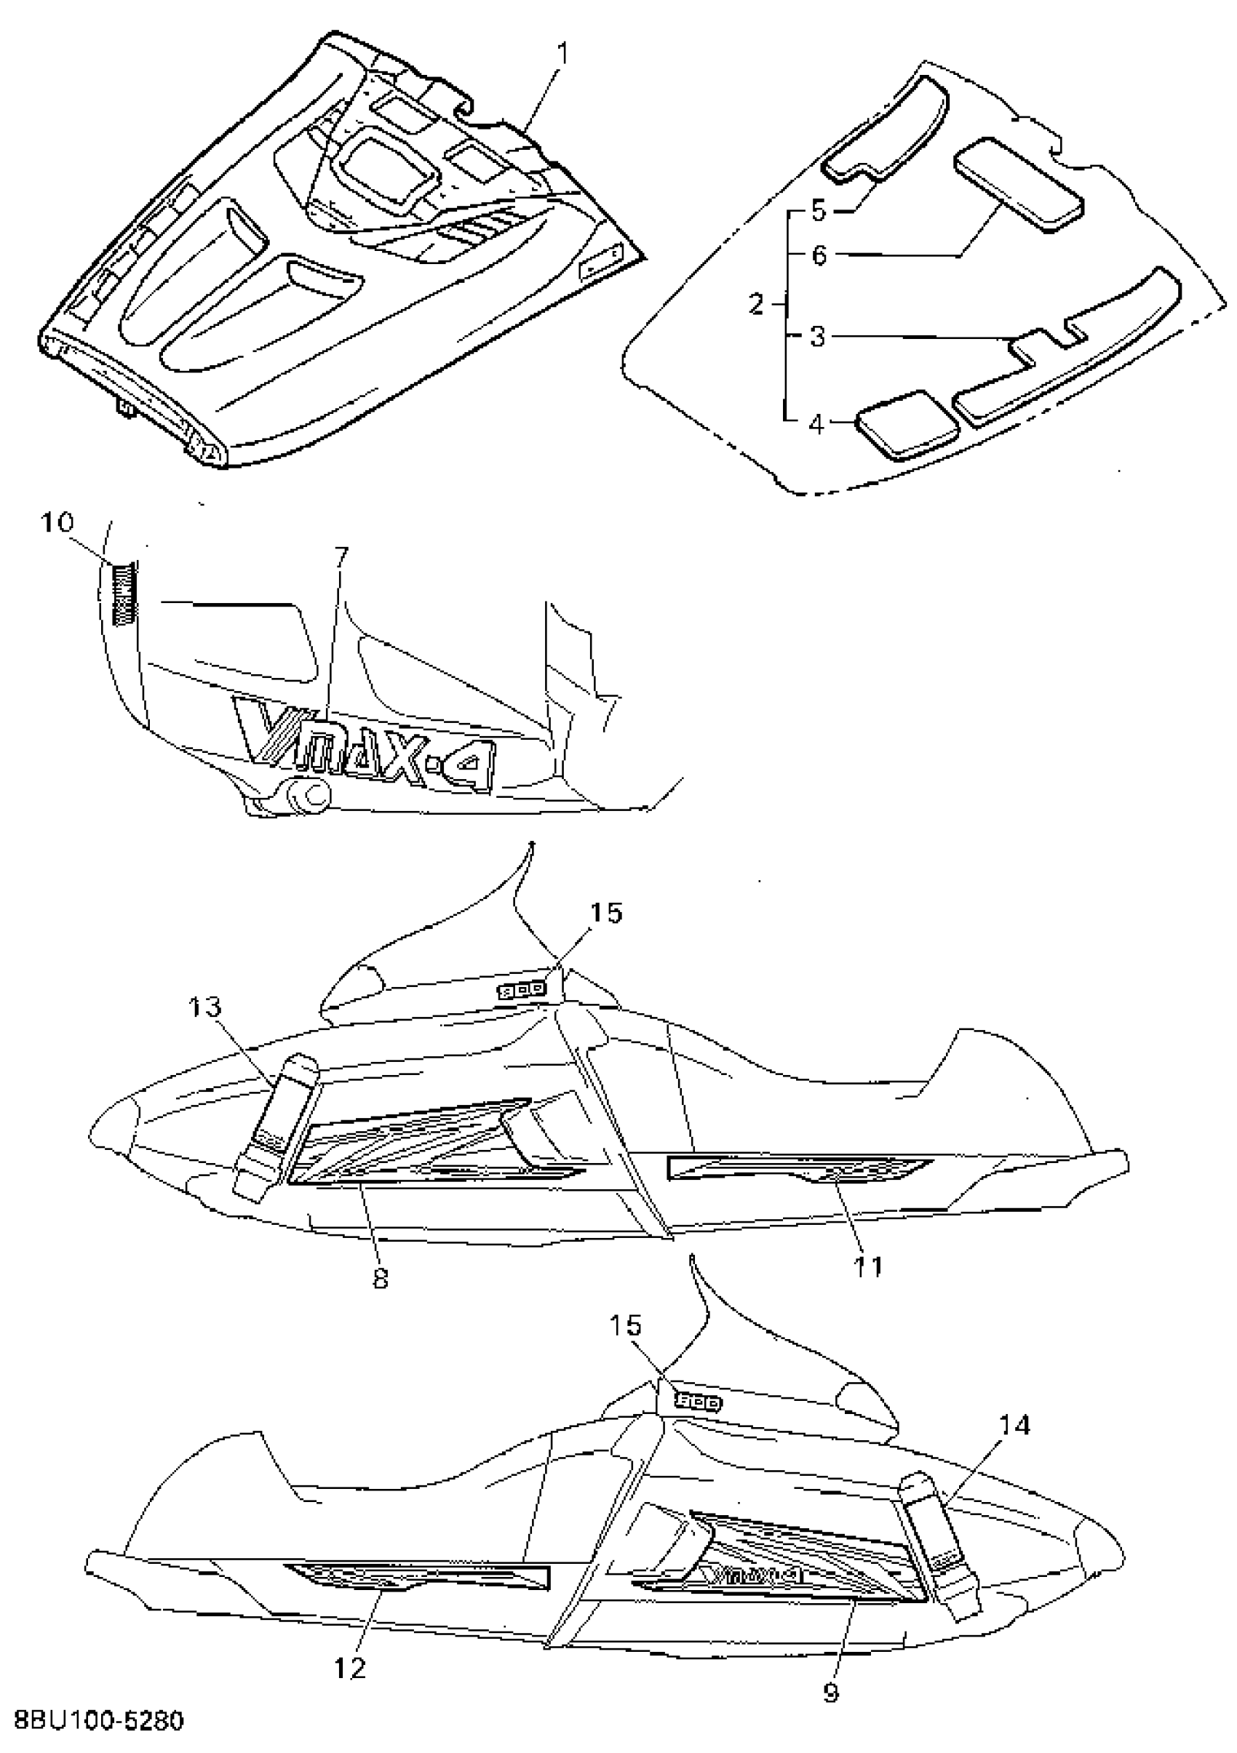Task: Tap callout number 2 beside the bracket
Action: pyautogui.click(x=756, y=305)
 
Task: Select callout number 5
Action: pyautogui.click(x=819, y=210)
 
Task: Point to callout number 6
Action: pyautogui.click(x=819, y=255)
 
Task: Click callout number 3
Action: pyautogui.click(x=818, y=336)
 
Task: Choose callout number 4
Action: pyautogui.click(x=817, y=423)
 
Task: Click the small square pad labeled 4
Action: pyautogui.click(x=908, y=426)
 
